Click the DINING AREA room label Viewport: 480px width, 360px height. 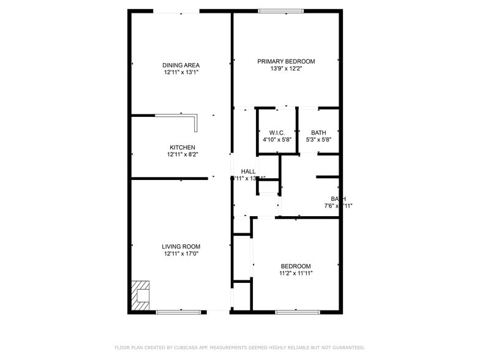pyautogui.click(x=181, y=65)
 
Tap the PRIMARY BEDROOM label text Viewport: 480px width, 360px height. pyautogui.click(x=286, y=61)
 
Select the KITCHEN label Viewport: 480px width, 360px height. pyautogui.click(x=182, y=148)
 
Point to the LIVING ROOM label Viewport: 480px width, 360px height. pyautogui.click(x=181, y=247)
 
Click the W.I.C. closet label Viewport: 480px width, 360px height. pyautogui.click(x=277, y=133)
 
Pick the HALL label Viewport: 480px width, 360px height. pyautogui.click(x=248, y=171)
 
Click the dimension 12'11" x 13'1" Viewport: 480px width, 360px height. pyautogui.click(x=181, y=72)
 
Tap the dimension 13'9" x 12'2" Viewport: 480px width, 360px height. pyautogui.click(x=286, y=69)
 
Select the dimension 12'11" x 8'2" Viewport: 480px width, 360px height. pyautogui.click(x=182, y=155)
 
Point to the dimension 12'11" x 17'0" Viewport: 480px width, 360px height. pyautogui.click(x=181, y=254)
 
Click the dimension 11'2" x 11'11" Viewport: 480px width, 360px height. pyautogui.click(x=296, y=274)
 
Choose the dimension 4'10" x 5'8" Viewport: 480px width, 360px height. pyautogui.click(x=277, y=140)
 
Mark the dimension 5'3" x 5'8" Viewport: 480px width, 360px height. pyautogui.click(x=318, y=140)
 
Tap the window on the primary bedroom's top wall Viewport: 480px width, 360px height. pyautogui.click(x=280, y=10)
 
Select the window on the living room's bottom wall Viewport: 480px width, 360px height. pyautogui.click(x=178, y=312)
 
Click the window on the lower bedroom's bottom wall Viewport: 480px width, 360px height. pyautogui.click(x=297, y=312)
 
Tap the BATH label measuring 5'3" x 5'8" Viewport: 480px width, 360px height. pyautogui.click(x=318, y=133)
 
